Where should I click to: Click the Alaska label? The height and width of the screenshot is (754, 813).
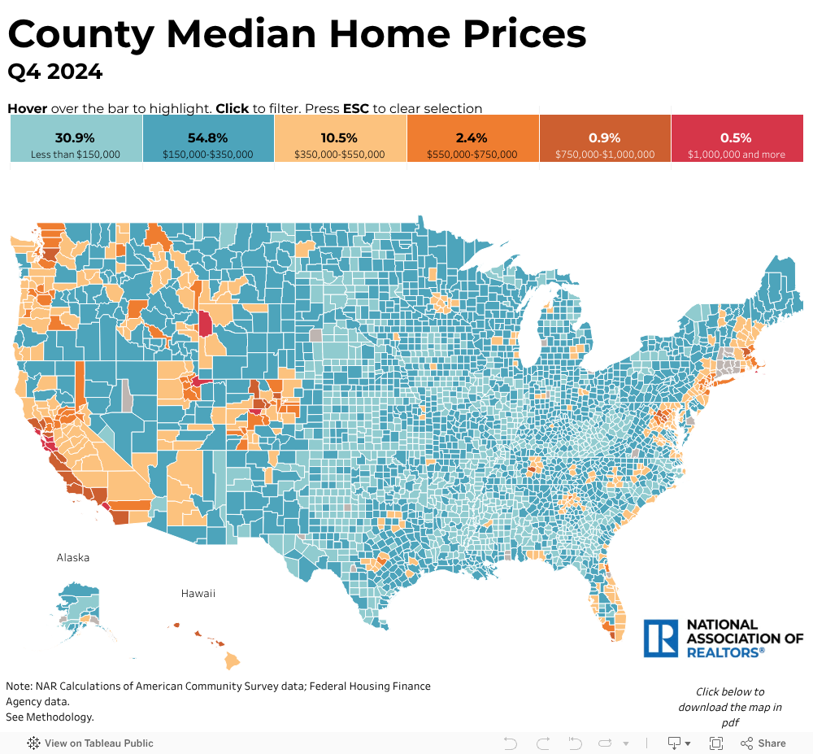[72, 558]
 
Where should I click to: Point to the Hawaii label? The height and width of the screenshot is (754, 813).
[198, 594]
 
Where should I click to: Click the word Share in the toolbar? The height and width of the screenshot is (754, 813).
[772, 743]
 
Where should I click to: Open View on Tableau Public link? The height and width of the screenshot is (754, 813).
[98, 743]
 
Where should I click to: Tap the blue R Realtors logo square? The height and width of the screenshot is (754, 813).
[660, 639]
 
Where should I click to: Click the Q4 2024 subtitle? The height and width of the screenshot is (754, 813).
[55, 72]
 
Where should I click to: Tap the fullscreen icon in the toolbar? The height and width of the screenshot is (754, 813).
[716, 743]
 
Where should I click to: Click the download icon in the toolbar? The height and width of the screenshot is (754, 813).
[675, 743]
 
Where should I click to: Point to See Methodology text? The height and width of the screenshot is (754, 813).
[50, 717]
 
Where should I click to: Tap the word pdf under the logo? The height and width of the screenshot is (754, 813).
[729, 722]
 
